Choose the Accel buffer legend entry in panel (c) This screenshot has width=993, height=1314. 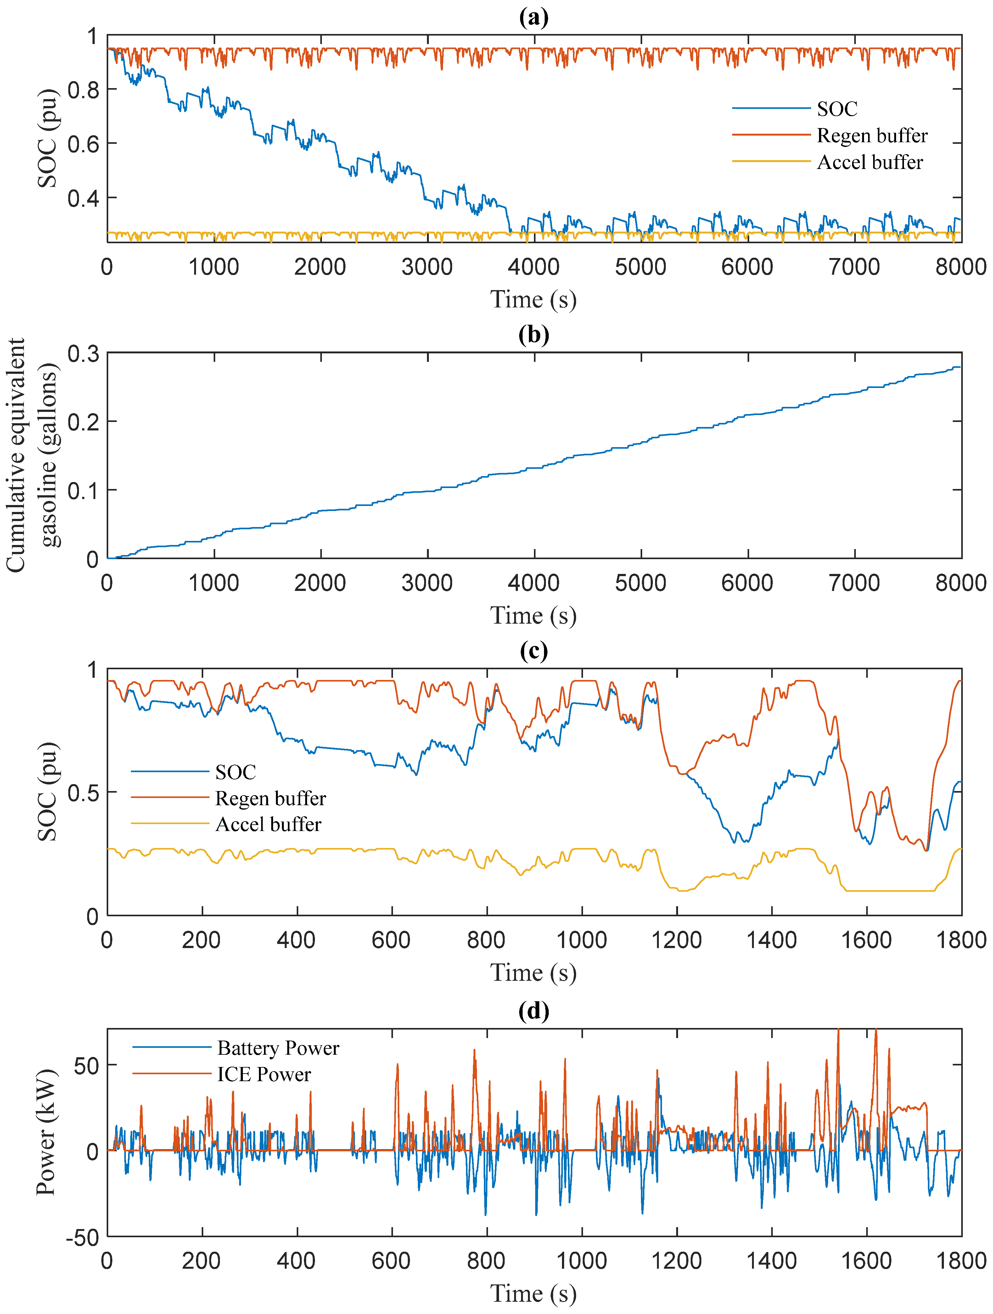tap(268, 824)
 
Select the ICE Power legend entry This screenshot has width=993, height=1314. tap(264, 1074)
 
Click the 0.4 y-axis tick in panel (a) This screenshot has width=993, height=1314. tap(83, 198)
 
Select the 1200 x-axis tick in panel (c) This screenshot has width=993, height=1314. tap(676, 941)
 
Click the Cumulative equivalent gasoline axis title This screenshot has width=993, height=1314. tap(33, 455)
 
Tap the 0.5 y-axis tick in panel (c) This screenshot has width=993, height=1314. tap(83, 793)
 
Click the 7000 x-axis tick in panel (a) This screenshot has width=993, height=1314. tap(854, 267)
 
